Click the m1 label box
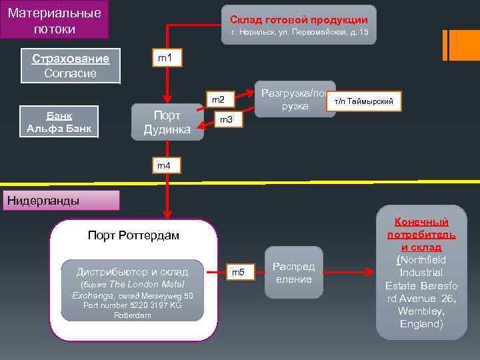click(165, 59)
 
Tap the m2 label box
click(218, 100)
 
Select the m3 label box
click(226, 120)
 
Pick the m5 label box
click(238, 271)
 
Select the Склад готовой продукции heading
click(299, 19)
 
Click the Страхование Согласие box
click(70, 65)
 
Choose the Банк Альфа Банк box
click(59, 121)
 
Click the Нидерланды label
click(42, 201)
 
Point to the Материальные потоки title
click(55, 20)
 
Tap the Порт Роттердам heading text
click(133, 235)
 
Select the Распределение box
click(293, 273)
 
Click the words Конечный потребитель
click(421, 228)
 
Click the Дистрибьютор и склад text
click(132, 271)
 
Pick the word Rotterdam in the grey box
click(133, 315)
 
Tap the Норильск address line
click(299, 33)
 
